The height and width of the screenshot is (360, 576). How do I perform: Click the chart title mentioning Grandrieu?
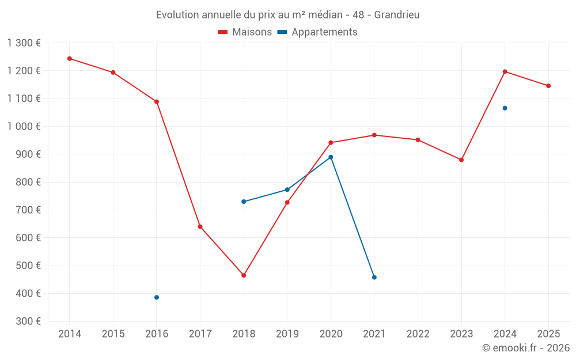[x=287, y=14]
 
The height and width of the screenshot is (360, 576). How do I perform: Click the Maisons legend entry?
[x=245, y=32]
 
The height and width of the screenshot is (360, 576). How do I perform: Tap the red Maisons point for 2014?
[x=70, y=59]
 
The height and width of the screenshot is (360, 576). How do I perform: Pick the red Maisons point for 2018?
[x=244, y=275]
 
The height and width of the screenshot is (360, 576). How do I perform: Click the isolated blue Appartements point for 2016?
[x=157, y=297]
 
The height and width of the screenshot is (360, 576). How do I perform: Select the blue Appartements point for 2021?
[x=374, y=277]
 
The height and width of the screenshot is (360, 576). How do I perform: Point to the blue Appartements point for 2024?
[x=505, y=108]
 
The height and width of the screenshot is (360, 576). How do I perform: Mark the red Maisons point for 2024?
[x=505, y=71]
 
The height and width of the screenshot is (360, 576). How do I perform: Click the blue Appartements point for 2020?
[x=331, y=157]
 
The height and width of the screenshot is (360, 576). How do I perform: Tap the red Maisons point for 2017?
[x=200, y=227]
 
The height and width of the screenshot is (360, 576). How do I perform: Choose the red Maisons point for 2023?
[x=461, y=160]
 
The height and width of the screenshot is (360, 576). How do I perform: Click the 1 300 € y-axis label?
[x=24, y=43]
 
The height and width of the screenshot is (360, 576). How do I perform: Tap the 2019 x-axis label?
[x=287, y=334]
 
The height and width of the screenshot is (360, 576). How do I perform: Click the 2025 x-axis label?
[x=548, y=334]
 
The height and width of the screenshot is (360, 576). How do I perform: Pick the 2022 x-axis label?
[x=418, y=334]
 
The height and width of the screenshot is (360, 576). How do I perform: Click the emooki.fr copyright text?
[x=526, y=348]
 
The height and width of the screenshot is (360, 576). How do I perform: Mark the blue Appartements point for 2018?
[x=244, y=202]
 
